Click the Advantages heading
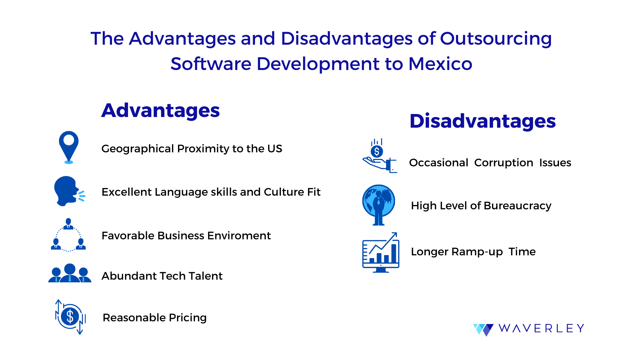click(x=160, y=111)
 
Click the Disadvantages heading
click(x=483, y=121)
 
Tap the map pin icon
click(x=69, y=147)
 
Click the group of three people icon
click(x=70, y=273)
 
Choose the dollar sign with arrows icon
click(x=70, y=317)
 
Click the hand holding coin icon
click(x=380, y=156)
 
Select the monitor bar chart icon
click(x=381, y=252)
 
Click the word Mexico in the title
click(x=440, y=64)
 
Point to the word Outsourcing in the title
click(x=496, y=39)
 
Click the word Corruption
click(x=504, y=163)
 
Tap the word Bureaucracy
click(x=517, y=206)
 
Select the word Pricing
click(x=188, y=318)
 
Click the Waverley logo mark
click(x=483, y=329)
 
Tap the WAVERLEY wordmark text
click(x=541, y=328)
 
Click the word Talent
click(x=205, y=276)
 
